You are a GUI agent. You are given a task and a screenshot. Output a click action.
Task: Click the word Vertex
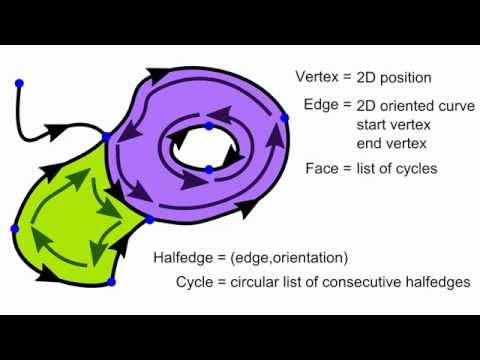tap(317, 77)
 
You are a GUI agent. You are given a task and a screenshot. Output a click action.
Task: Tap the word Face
tap(321, 168)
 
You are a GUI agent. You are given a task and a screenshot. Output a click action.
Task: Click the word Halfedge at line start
tap(183, 257)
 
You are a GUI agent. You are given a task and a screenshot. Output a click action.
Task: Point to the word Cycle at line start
tap(196, 282)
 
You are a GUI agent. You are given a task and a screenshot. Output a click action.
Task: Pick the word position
tap(402, 77)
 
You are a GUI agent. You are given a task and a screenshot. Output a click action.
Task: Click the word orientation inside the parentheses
tap(303, 257)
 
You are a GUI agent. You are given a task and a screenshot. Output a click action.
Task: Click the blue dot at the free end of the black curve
tap(19, 82)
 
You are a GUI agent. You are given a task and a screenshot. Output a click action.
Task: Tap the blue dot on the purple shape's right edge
tap(284, 118)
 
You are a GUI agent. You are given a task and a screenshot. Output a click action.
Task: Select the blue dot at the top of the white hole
tap(208, 126)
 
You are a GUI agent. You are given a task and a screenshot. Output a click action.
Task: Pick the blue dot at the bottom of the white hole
tap(208, 169)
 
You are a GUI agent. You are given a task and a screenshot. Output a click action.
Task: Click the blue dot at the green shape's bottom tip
tap(111, 282)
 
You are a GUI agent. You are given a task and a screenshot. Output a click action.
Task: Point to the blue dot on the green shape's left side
tap(15, 229)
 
